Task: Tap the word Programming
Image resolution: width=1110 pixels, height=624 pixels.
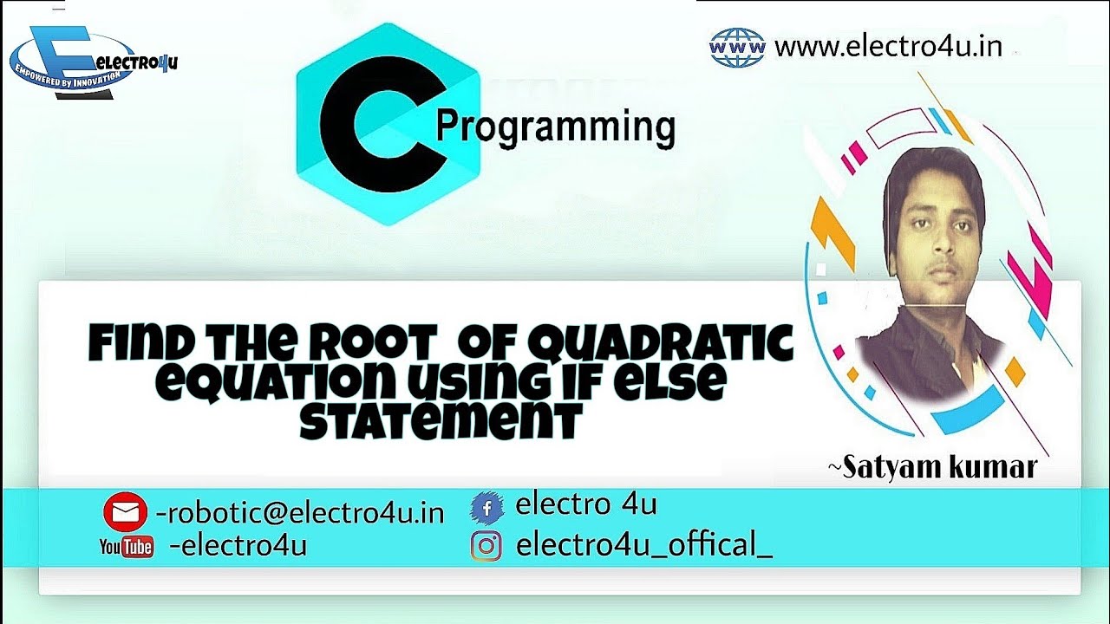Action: (555, 127)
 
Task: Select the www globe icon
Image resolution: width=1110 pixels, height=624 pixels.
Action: (737, 47)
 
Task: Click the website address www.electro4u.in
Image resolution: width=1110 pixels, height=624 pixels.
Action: (888, 46)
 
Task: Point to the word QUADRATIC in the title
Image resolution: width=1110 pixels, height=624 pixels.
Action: (659, 345)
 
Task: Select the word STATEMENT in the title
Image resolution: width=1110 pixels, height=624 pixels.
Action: (440, 422)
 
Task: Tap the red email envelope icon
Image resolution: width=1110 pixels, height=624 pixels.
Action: (125, 512)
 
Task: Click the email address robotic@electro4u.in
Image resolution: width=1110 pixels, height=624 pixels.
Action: (300, 513)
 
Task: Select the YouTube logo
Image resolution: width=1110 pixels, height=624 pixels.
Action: (127, 546)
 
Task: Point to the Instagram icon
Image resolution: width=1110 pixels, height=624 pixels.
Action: (486, 546)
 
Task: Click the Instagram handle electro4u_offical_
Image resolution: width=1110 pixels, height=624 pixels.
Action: (643, 545)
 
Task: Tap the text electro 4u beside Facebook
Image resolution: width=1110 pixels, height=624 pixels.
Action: (585, 504)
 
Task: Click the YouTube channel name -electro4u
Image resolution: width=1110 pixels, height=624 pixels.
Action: (238, 546)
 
